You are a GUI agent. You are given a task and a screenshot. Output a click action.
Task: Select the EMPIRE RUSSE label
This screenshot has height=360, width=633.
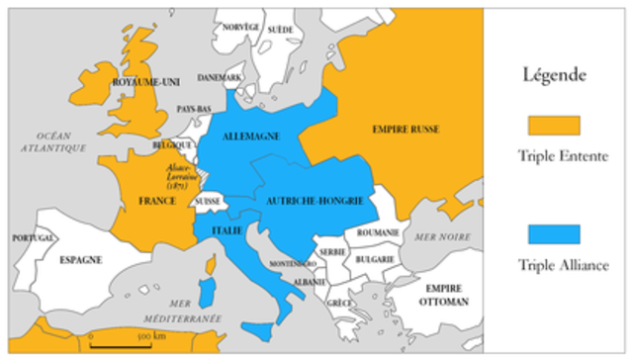tap(407, 130)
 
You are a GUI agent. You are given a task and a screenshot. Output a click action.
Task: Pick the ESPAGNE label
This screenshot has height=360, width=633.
tap(81, 259)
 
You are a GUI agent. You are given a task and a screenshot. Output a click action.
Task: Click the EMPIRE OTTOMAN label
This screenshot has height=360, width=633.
tap(441, 293)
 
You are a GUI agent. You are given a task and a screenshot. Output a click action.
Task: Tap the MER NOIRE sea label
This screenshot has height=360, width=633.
tap(442, 237)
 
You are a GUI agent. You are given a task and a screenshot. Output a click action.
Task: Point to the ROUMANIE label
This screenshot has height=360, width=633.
tap(379, 231)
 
